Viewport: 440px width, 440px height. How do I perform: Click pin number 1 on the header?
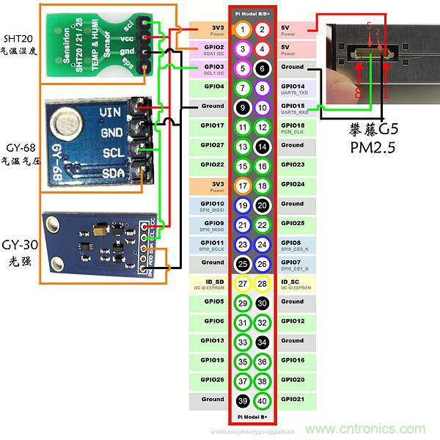point(243,30)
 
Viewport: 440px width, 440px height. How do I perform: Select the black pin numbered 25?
point(243,263)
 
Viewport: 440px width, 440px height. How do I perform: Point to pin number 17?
point(243,185)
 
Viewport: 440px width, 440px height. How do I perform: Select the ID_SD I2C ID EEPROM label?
point(209,284)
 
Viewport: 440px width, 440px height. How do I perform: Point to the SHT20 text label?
point(18,37)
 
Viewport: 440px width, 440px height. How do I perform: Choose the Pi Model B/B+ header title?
point(252,12)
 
